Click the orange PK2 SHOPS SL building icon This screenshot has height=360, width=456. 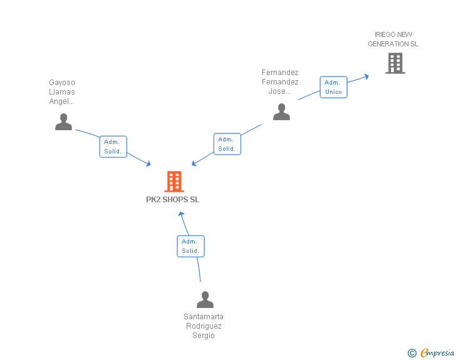click(x=174, y=182)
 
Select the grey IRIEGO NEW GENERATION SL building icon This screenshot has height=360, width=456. click(x=395, y=63)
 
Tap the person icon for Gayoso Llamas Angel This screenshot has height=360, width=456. click(x=63, y=121)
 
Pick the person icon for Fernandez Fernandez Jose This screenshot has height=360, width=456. click(x=281, y=111)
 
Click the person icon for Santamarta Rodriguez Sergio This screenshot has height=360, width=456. click(x=205, y=299)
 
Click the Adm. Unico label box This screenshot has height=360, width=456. click(x=333, y=87)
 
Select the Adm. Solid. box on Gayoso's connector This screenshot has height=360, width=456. click(x=113, y=147)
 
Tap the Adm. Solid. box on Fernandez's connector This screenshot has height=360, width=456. click(x=227, y=144)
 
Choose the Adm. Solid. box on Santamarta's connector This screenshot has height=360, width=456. click(x=190, y=246)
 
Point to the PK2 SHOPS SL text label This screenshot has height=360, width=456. click(x=173, y=200)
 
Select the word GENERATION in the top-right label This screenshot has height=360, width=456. click(x=388, y=44)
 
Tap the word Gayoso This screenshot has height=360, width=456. click(x=62, y=82)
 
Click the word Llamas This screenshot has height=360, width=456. click(x=62, y=92)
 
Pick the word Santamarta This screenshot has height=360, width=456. click(x=204, y=316)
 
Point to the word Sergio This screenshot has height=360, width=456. click(x=204, y=336)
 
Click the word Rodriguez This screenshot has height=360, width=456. click(x=204, y=326)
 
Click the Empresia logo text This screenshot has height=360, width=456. click(x=437, y=353)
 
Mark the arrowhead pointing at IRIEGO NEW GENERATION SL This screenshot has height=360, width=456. click(x=366, y=76)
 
